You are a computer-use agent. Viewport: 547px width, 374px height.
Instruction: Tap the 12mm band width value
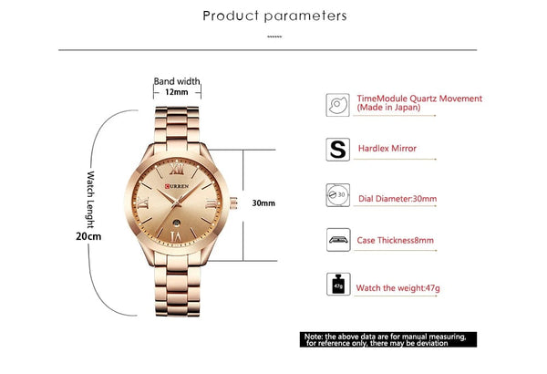pos(176,91)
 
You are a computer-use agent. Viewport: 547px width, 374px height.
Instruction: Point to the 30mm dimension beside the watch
pos(263,203)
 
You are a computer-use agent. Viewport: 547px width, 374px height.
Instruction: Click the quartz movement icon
pos(337,103)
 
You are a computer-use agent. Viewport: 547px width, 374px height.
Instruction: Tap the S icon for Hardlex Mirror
pos(337,149)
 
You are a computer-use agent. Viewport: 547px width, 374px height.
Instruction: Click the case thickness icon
pos(337,241)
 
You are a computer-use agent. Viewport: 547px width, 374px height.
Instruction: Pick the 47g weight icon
pos(337,286)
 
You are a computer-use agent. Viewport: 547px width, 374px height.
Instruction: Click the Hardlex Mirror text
pos(387,149)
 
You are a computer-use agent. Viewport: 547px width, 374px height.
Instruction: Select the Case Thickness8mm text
pos(395,241)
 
